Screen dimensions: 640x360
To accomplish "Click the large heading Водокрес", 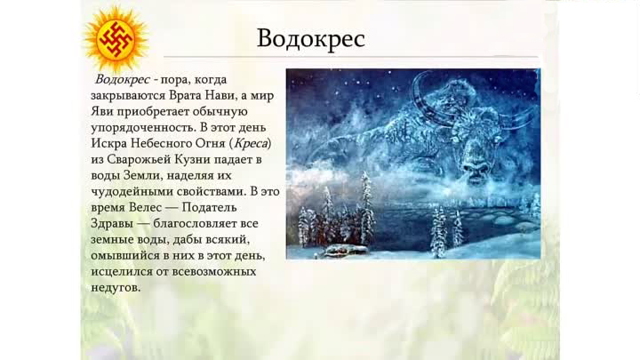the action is point(311,39).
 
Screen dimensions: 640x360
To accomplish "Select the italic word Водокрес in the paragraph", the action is point(123,79).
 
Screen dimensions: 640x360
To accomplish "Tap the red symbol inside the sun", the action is point(116,39).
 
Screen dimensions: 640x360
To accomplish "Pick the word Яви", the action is point(102,111).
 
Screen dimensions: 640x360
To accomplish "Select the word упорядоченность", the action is point(144,128).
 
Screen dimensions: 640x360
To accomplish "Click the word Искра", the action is point(109,143).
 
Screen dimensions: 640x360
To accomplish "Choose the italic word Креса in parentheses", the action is point(252,143).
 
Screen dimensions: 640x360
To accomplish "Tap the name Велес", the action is point(145,207).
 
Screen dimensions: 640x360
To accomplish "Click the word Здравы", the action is point(112,224).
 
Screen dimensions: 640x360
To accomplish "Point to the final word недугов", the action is point(116,288).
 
